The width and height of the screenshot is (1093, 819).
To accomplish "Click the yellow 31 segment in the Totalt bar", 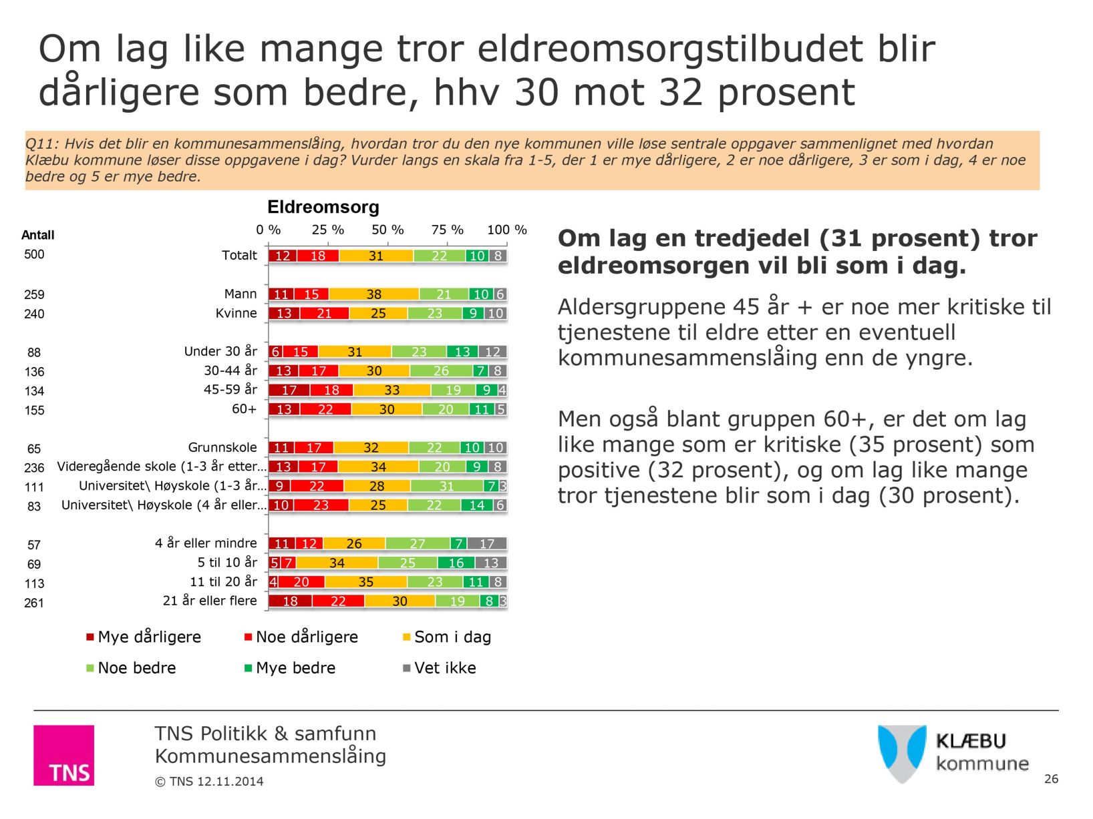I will (376, 256).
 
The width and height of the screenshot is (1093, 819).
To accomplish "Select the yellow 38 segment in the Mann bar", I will (373, 294).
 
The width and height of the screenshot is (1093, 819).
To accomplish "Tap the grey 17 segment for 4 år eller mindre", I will (487, 544).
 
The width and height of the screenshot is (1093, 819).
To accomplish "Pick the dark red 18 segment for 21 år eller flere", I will (290, 601).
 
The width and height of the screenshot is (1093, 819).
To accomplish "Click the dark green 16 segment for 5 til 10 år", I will (456, 563).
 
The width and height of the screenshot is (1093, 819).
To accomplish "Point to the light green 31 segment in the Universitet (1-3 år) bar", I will (446, 487).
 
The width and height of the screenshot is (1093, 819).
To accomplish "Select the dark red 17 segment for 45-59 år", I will (289, 390).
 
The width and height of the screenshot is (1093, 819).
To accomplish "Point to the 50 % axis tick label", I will (387, 230).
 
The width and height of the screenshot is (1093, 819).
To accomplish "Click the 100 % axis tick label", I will (506, 230).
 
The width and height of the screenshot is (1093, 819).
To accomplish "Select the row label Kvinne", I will (236, 313).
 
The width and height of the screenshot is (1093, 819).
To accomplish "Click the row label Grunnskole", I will (222, 447).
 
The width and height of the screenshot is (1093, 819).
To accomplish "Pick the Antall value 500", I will (34, 254).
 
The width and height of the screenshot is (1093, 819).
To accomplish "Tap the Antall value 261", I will (34, 603).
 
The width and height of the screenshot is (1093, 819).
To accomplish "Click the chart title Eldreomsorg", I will (323, 208).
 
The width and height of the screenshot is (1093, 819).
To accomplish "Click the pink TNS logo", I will (64, 755).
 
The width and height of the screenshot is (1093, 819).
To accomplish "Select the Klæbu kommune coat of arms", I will (902, 753).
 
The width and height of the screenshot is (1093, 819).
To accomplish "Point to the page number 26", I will (1051, 779).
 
